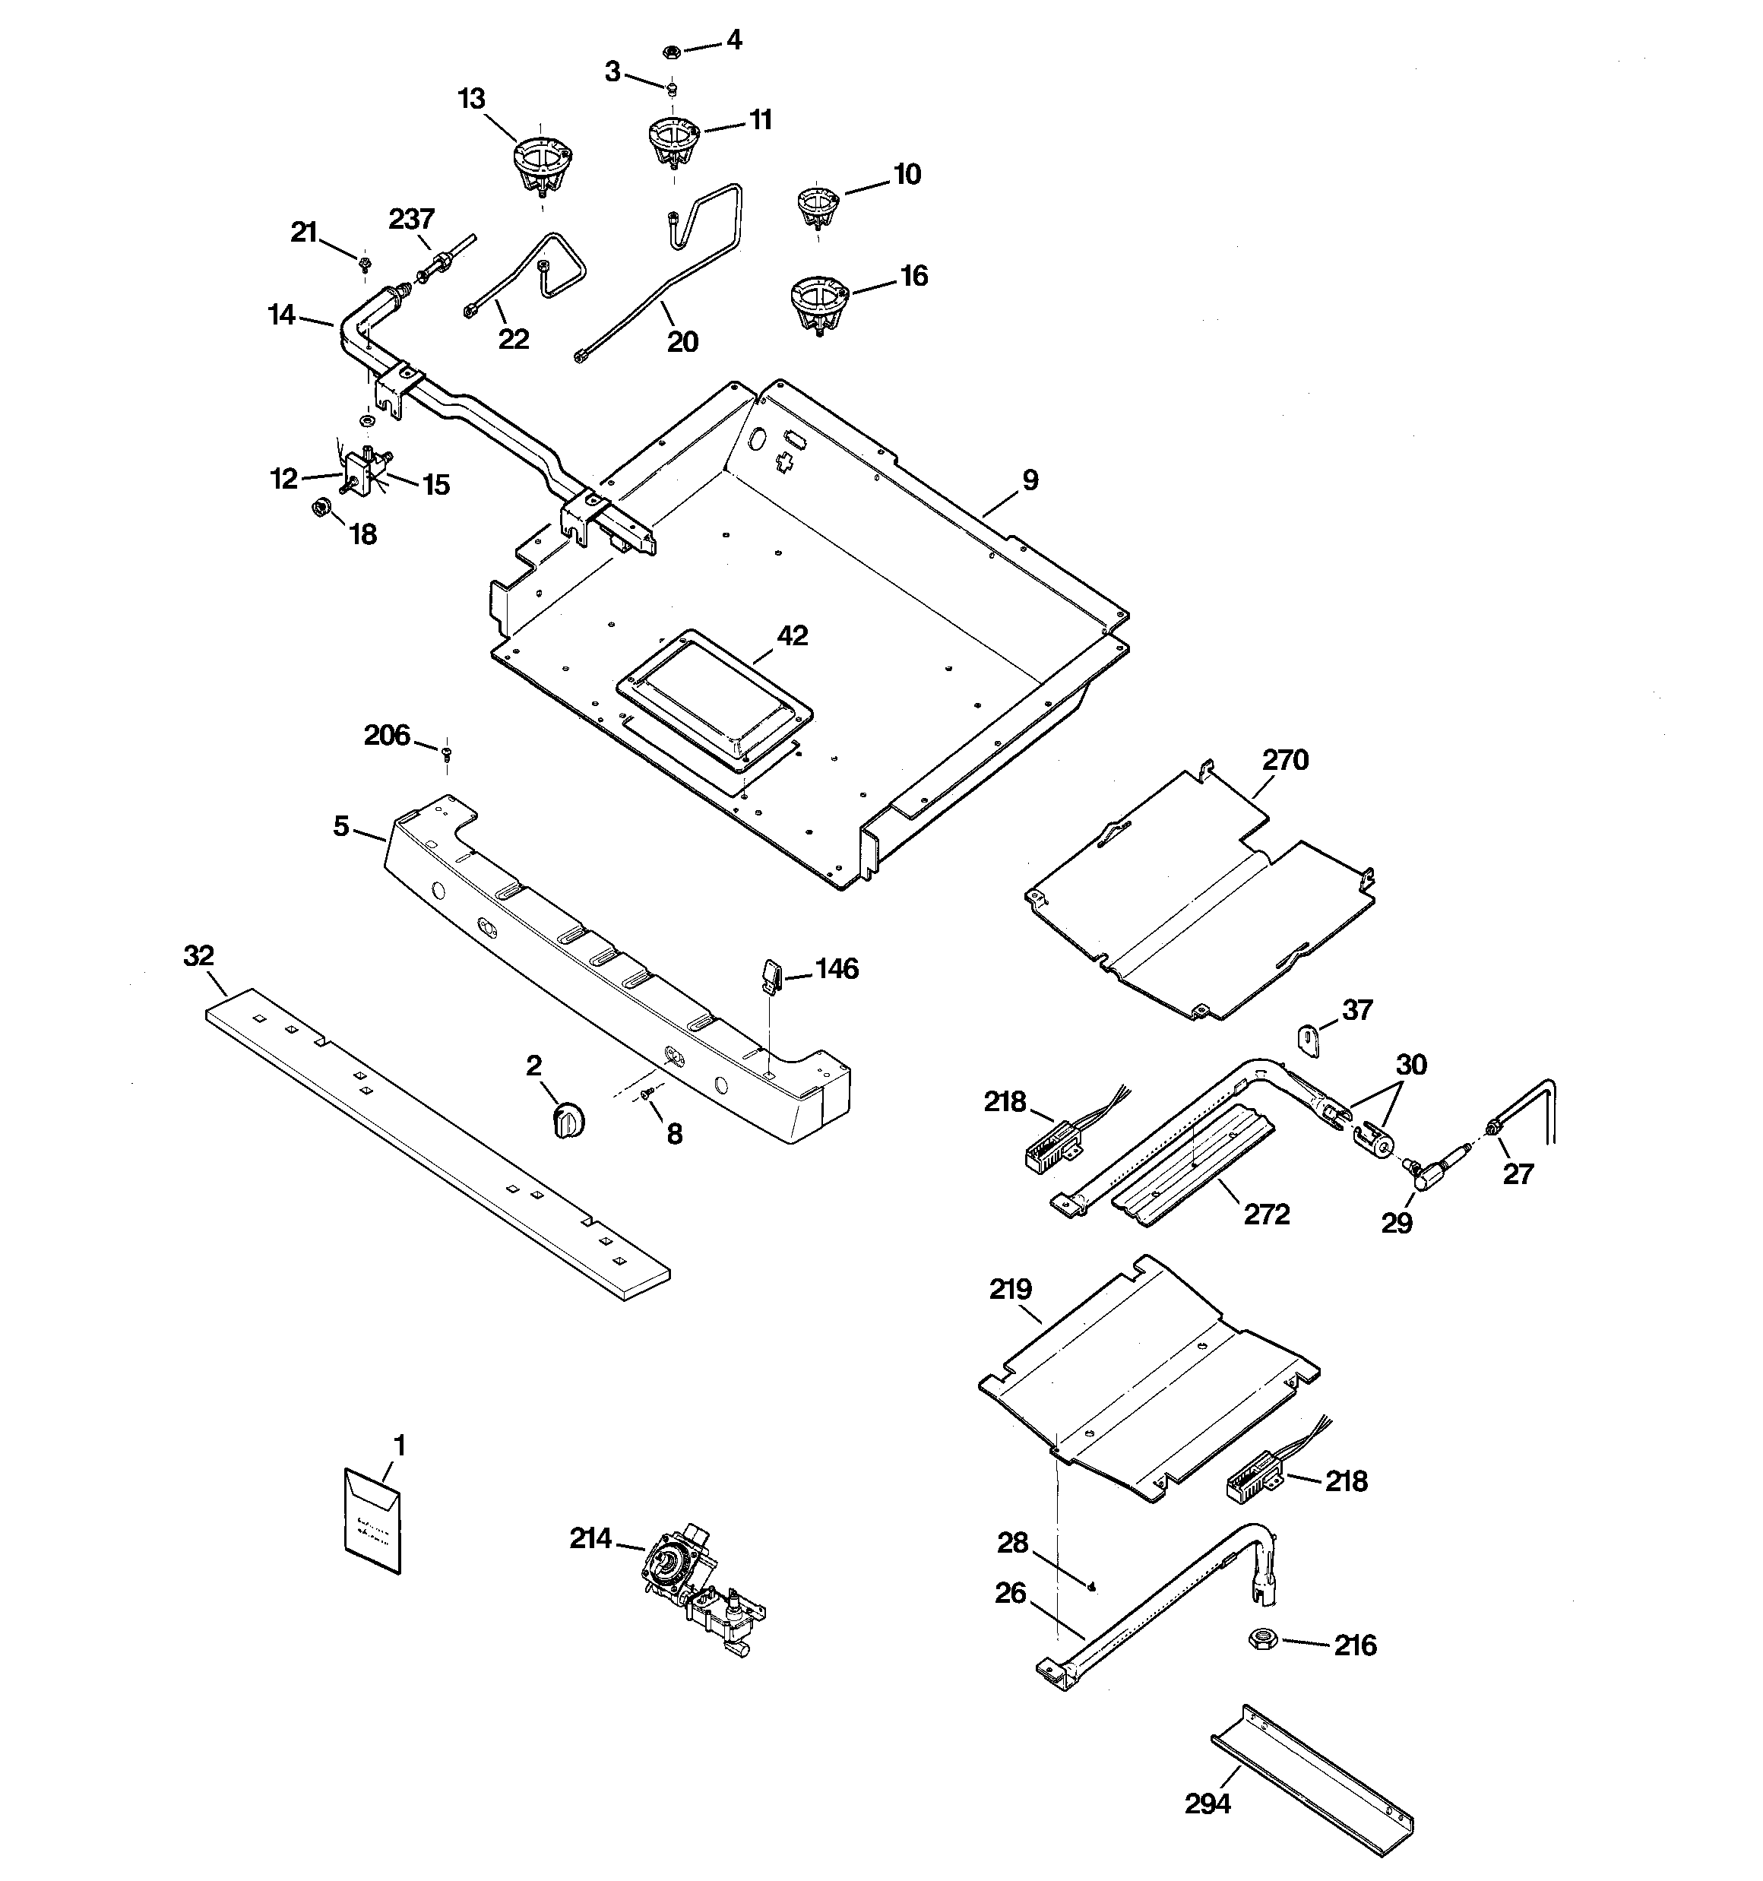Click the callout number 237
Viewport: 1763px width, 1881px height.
[x=412, y=220]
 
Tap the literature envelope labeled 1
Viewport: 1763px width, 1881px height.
[x=372, y=1521]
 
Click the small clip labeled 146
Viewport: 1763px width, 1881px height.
[x=771, y=974]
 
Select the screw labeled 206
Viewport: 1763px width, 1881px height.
[x=447, y=752]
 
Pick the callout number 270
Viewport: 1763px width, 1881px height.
[x=1285, y=760]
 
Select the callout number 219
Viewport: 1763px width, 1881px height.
[x=1011, y=1289]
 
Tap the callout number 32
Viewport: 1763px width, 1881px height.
[x=199, y=955]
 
